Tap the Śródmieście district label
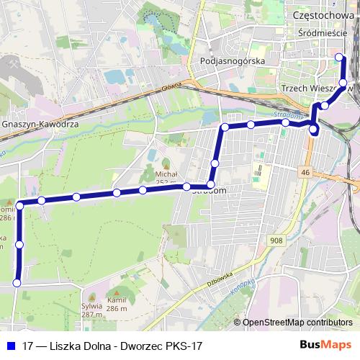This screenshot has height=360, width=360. click(323, 33)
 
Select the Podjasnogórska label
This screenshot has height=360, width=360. click(233, 61)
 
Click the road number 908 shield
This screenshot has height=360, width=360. click(278, 240)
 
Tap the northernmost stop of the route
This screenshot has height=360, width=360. click(340, 56)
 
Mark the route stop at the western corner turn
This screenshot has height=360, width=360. click(20, 206)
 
